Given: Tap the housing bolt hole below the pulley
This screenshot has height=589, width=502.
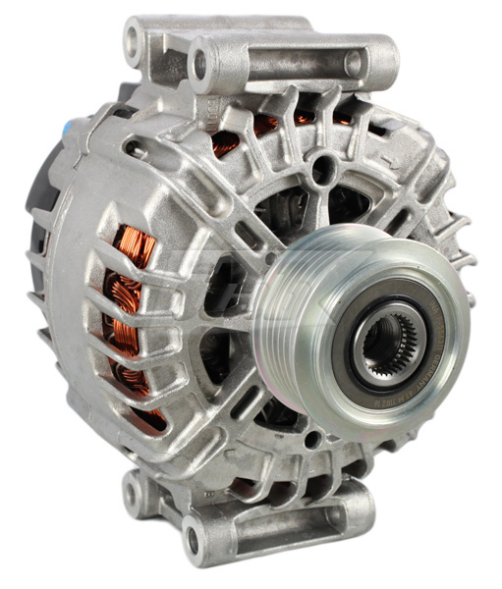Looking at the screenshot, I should pos(312,432).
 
